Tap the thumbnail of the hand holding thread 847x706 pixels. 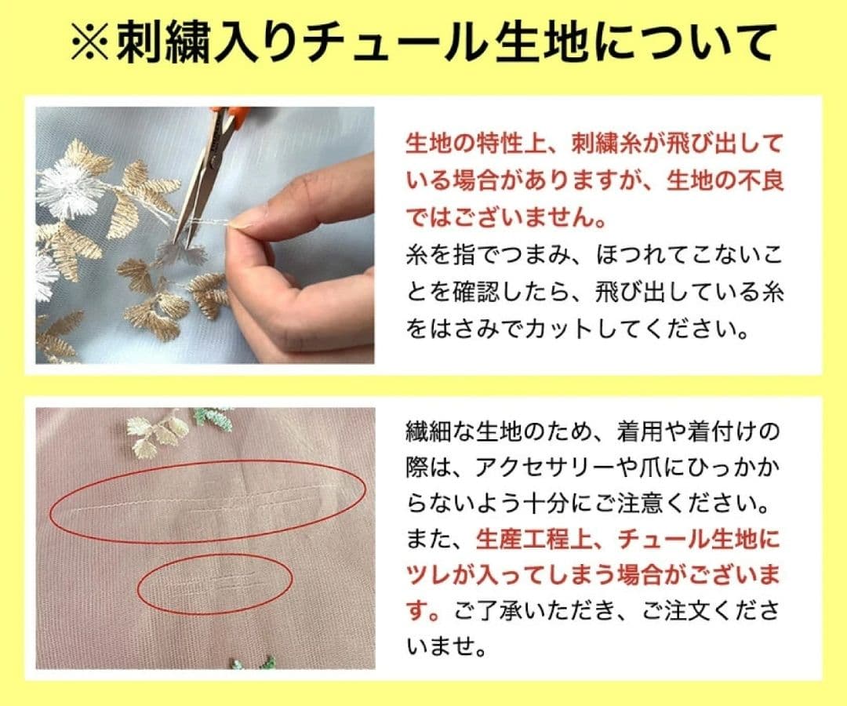click(x=205, y=235)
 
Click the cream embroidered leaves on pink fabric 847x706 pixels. click(x=158, y=432)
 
